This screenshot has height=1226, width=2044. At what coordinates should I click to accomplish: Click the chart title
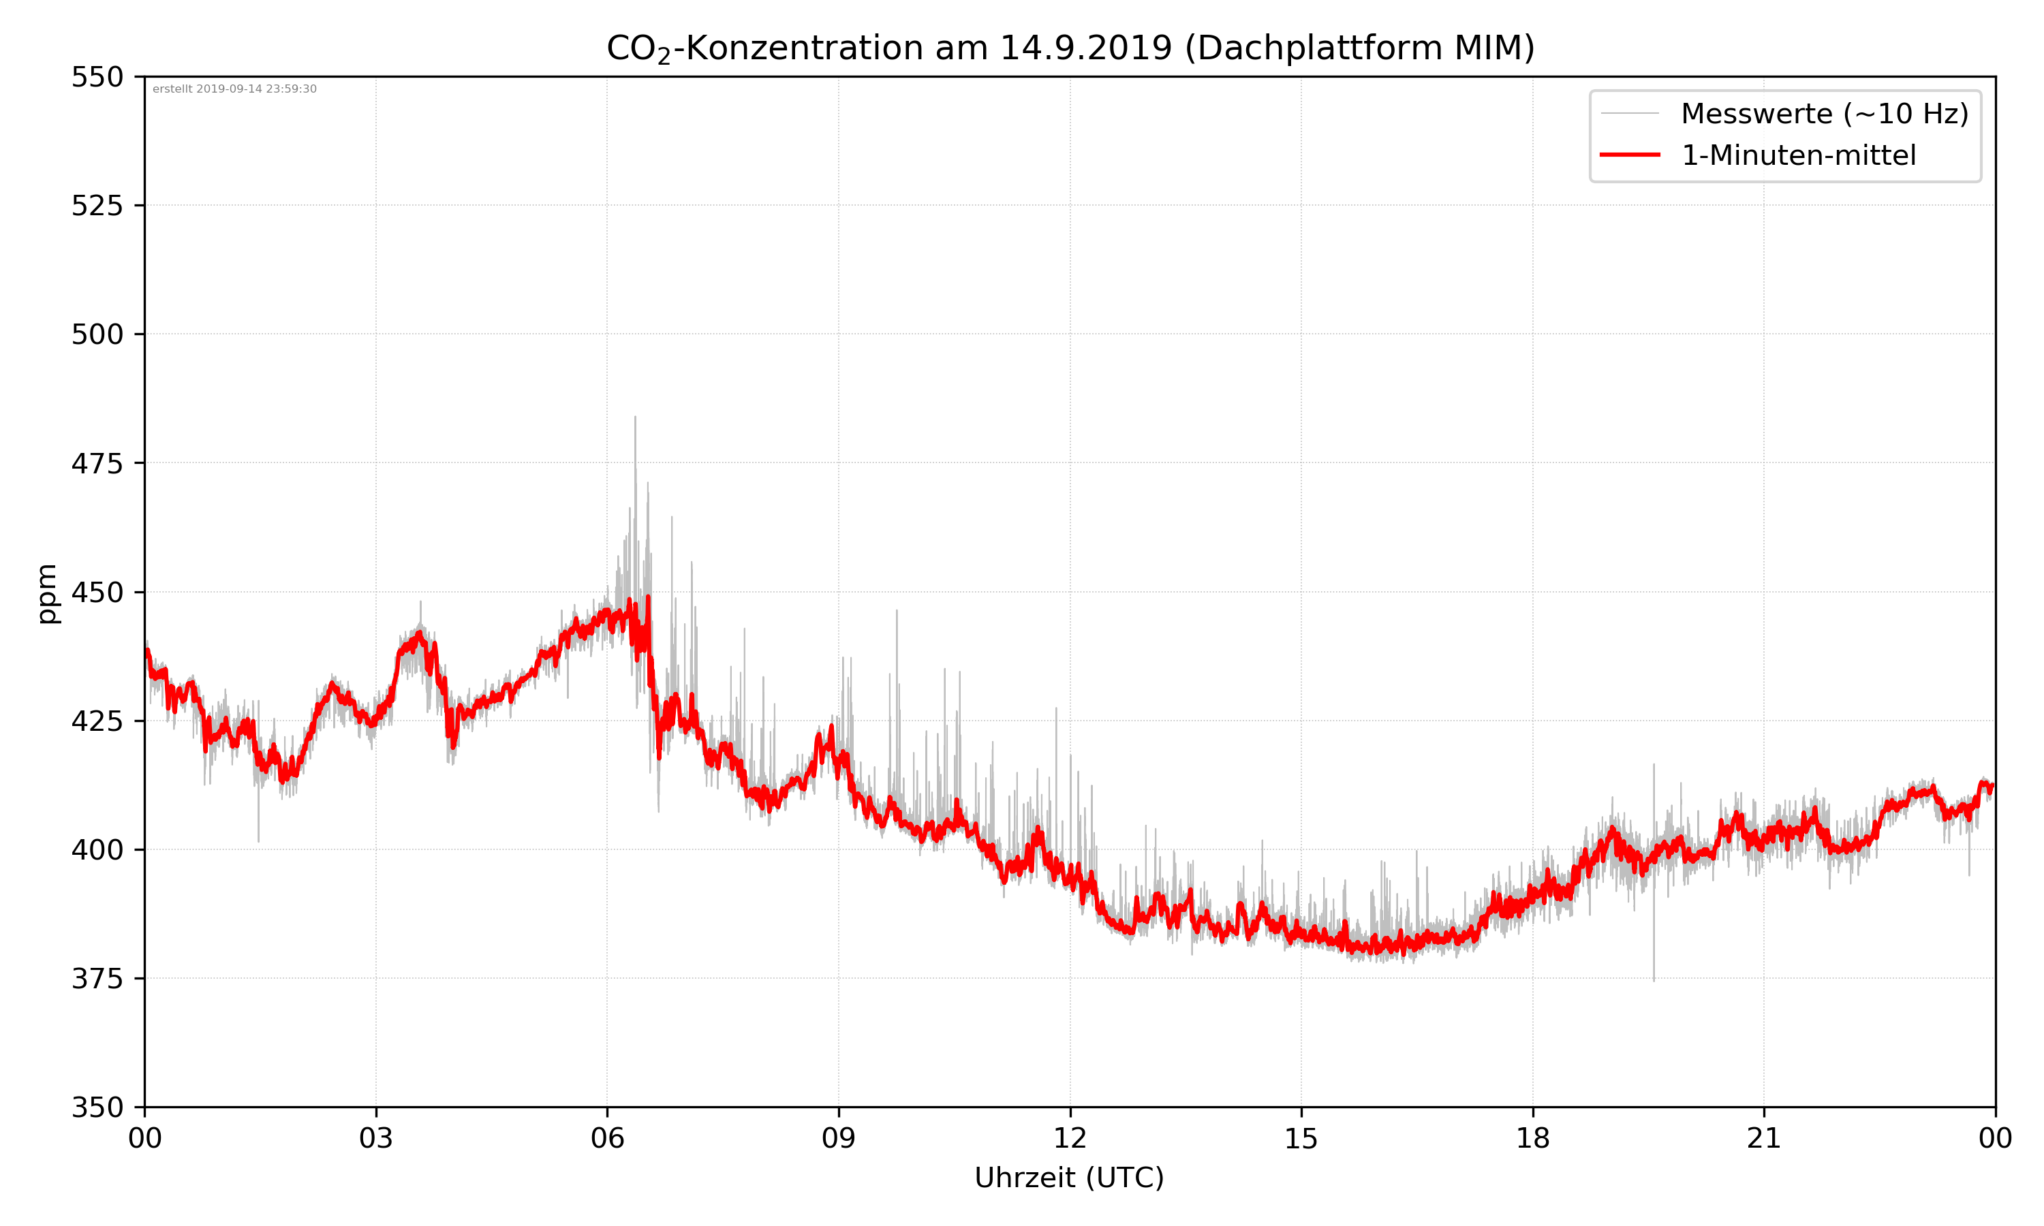[1070, 48]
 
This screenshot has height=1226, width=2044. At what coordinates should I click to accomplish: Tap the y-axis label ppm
[47, 593]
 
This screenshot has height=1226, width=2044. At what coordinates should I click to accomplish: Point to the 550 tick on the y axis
[97, 77]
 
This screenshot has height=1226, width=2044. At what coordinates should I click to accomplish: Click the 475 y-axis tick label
[97, 463]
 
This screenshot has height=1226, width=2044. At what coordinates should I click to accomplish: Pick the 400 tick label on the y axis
[97, 850]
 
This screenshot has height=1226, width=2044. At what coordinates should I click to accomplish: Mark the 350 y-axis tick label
[97, 1108]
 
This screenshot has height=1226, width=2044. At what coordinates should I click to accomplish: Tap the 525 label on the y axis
[97, 206]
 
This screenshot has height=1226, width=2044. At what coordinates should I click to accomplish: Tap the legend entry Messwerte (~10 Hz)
[1824, 114]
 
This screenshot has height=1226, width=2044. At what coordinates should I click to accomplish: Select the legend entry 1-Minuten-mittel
[1798, 155]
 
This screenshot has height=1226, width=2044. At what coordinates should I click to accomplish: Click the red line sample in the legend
[1629, 155]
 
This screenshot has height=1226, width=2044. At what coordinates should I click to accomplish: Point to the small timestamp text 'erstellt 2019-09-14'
[234, 89]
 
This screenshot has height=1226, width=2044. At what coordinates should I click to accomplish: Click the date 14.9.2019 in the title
[1085, 48]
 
